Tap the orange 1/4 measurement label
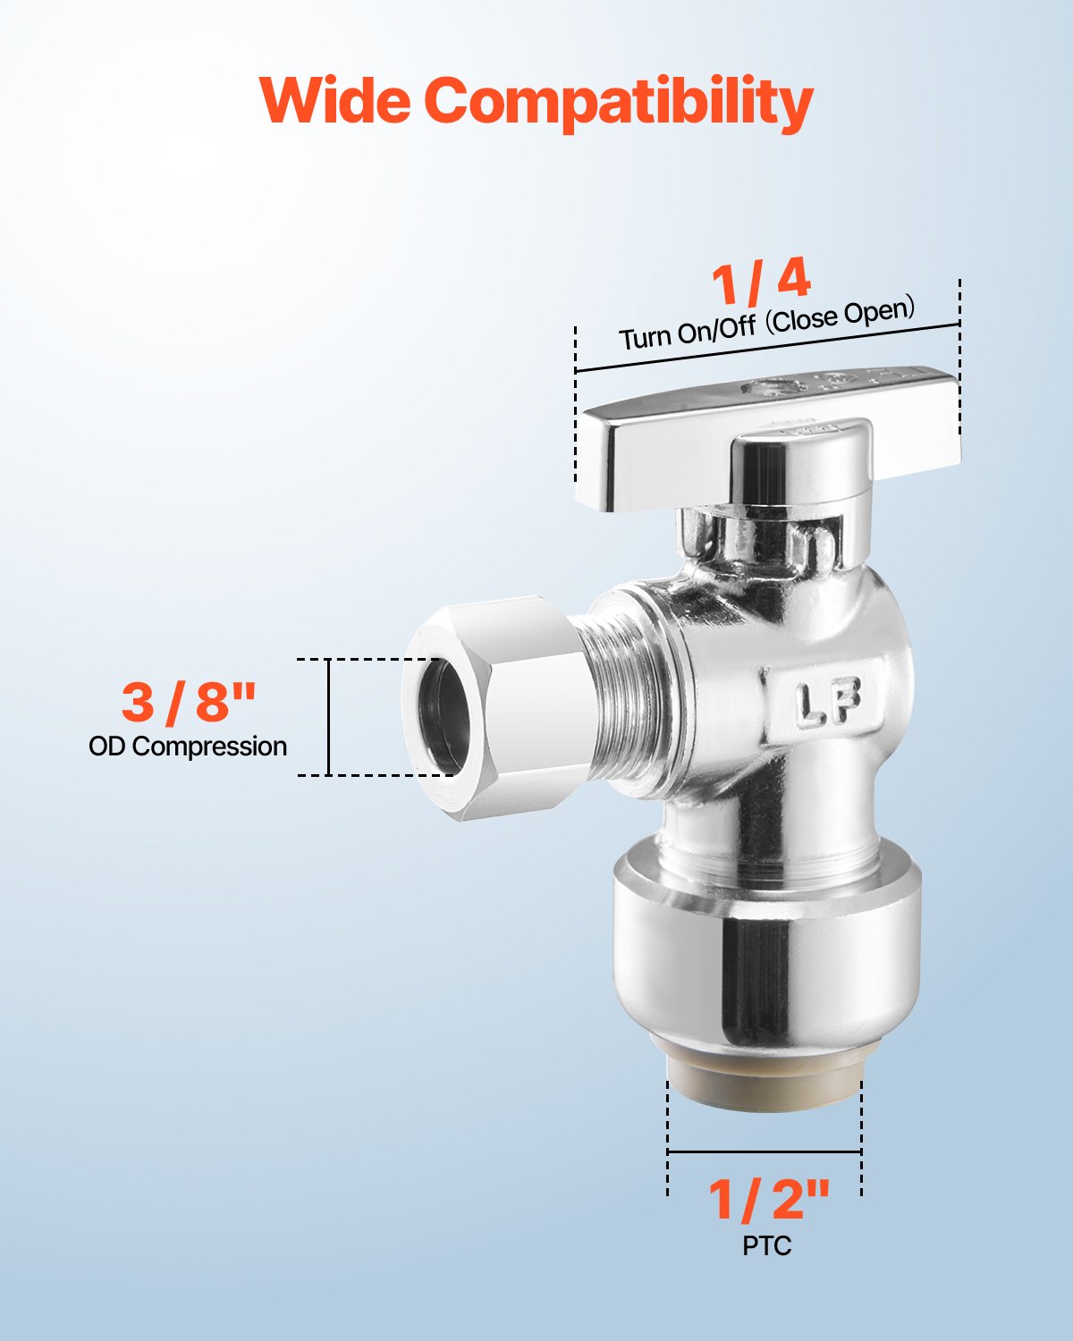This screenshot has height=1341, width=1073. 761,281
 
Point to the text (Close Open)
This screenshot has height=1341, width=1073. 841,315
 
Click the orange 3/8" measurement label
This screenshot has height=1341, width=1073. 189,702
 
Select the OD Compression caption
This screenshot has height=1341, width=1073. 188,746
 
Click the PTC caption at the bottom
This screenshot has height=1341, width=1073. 766,1245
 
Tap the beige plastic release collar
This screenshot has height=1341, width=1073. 765,1083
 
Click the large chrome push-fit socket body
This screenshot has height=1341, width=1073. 765,966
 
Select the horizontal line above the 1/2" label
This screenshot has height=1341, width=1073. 765,1151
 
